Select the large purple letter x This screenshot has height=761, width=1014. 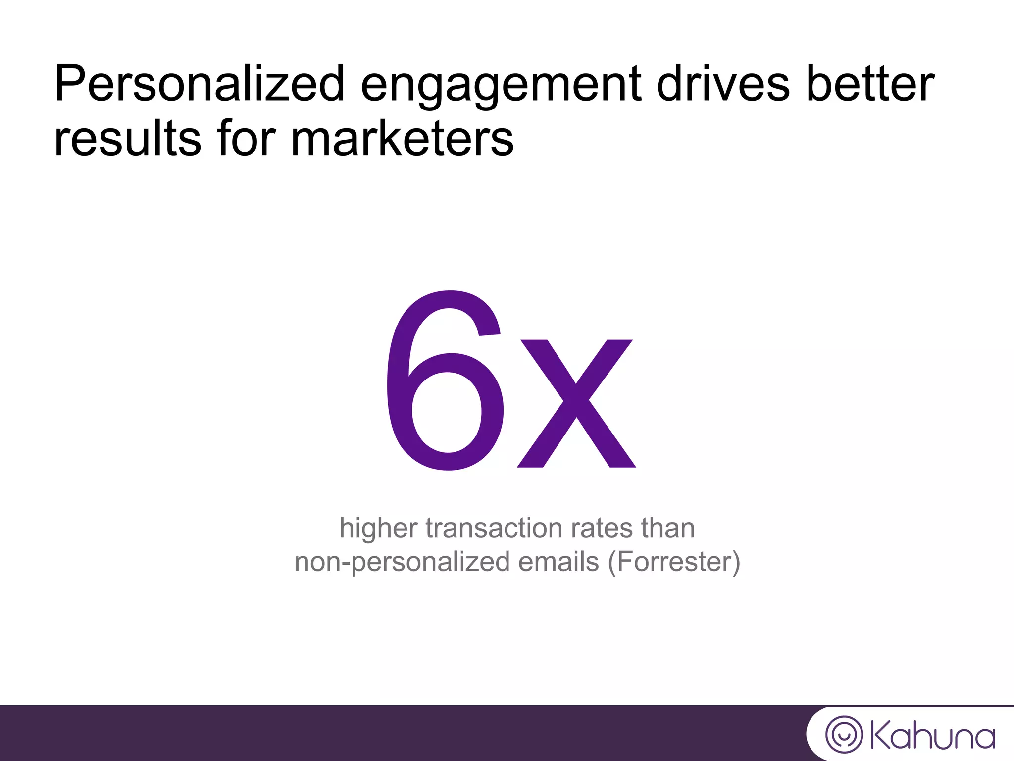pos(576,403)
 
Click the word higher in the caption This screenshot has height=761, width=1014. pos(378,528)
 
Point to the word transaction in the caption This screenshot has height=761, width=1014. pos(494,528)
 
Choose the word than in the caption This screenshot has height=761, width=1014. pos(668,528)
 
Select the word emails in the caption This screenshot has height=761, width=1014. pos(558,562)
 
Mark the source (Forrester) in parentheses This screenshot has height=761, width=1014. pos(674,562)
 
